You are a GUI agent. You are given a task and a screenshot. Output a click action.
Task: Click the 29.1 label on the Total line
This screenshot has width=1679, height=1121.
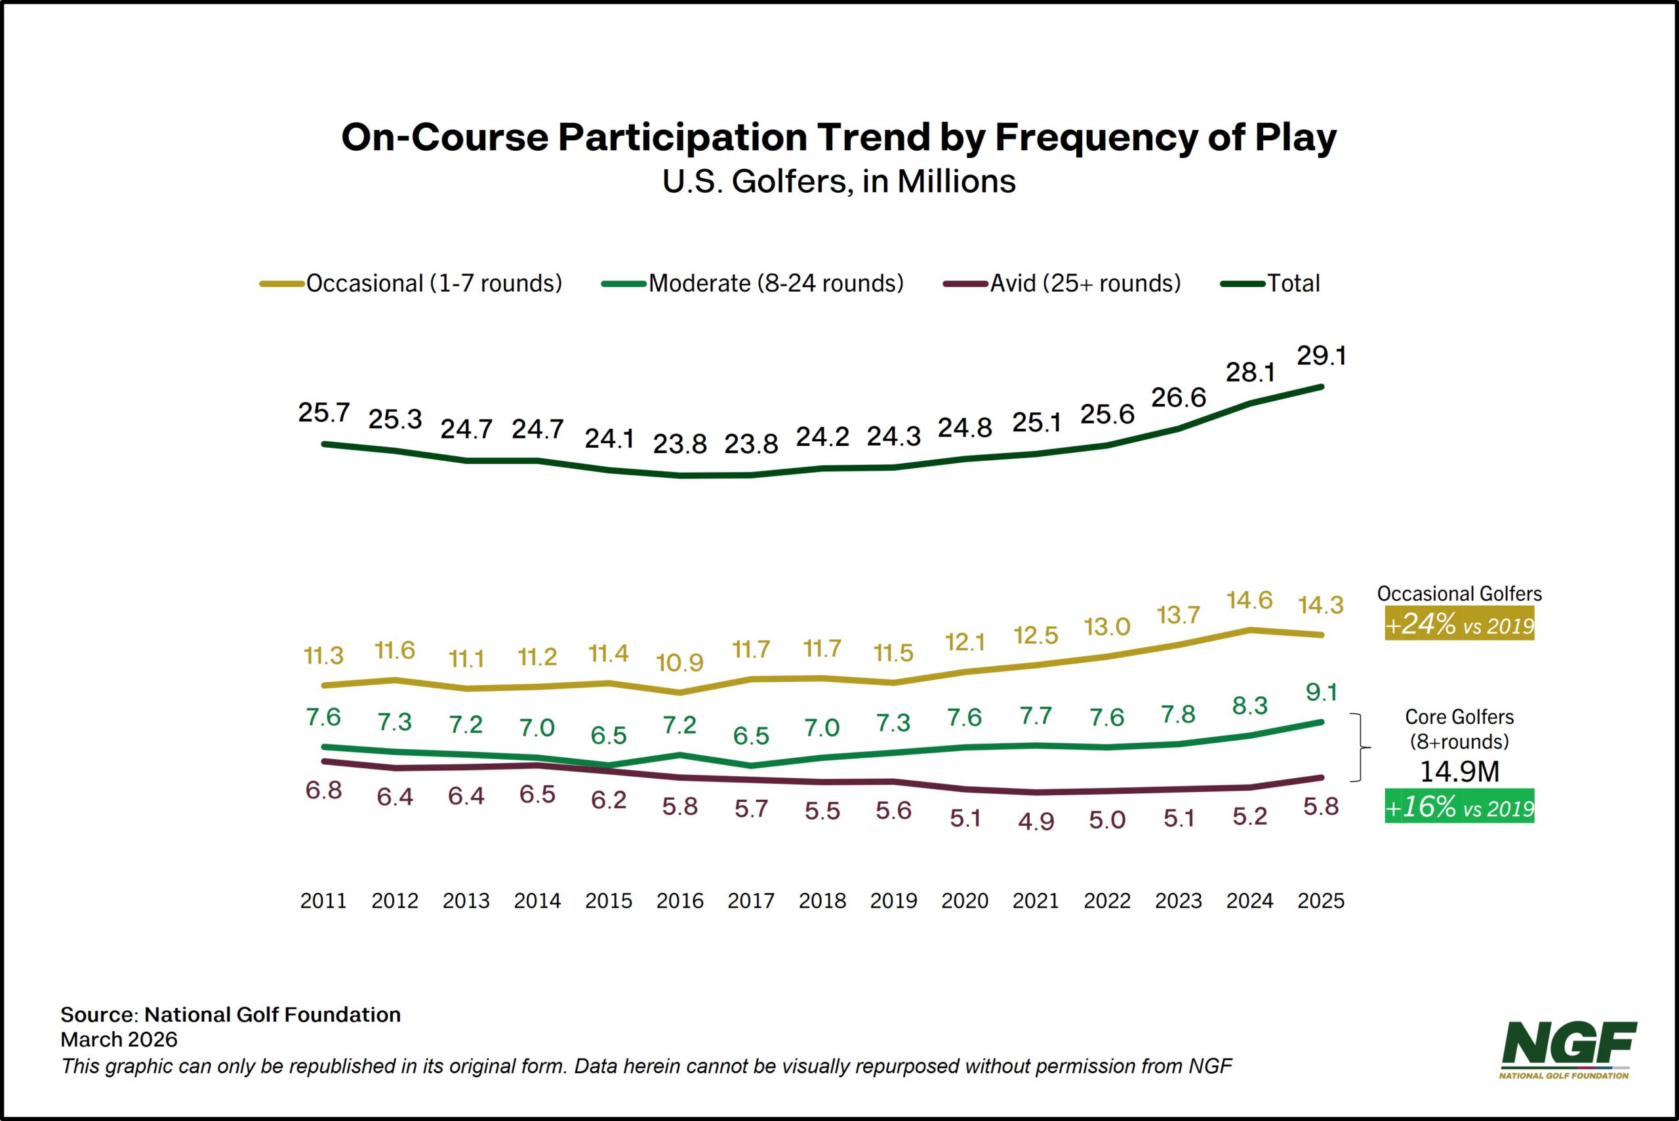[x=1322, y=355]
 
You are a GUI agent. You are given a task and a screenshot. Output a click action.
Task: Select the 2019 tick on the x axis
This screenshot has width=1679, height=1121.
[x=893, y=901]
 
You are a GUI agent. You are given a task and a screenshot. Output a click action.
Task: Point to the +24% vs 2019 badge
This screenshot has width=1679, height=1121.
[x=1459, y=624]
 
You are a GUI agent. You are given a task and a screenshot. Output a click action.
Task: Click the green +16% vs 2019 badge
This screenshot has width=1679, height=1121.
[x=1459, y=806]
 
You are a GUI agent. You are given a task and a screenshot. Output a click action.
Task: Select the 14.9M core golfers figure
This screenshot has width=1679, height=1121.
[x=1459, y=772]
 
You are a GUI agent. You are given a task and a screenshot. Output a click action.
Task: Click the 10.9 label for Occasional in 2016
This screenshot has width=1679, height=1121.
[x=679, y=663]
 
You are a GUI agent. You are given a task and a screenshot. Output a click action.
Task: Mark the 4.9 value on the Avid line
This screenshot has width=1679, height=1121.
[x=1036, y=821]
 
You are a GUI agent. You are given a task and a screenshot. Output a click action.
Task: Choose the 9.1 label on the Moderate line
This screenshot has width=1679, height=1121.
[x=1322, y=692]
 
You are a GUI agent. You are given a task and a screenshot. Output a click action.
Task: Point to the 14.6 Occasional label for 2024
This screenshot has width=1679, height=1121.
[x=1249, y=600]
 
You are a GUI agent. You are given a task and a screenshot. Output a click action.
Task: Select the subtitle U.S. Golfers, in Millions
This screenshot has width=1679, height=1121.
[x=839, y=182]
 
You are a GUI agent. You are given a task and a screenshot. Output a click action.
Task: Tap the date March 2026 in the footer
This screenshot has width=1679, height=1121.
[x=119, y=1040]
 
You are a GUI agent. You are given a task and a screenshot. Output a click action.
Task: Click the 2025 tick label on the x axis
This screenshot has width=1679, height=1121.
[x=1321, y=901]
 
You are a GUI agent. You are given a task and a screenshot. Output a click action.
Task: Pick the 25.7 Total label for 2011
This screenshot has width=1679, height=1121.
[x=324, y=412]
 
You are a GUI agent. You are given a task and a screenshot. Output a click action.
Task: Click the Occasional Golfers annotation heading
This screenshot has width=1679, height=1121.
[x=1459, y=593]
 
